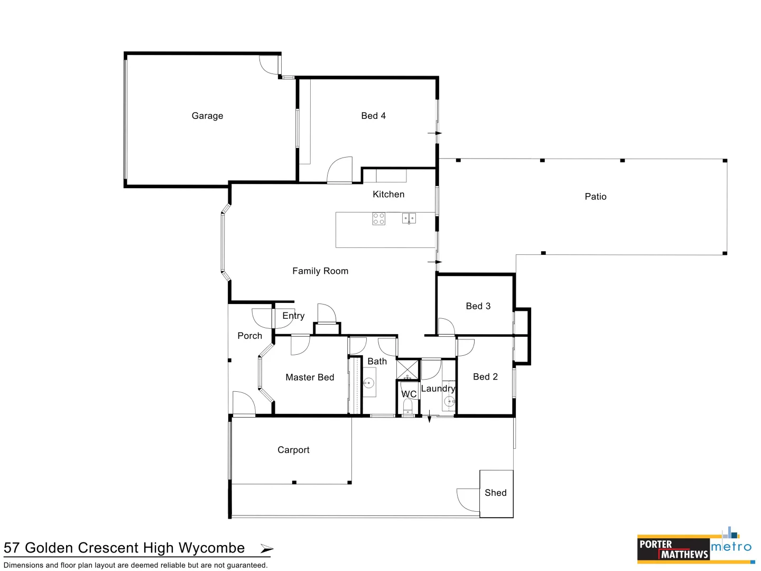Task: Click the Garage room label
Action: pos(207,116)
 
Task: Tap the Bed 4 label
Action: pos(373,116)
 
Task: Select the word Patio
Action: pos(596,197)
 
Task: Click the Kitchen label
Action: pos(388,195)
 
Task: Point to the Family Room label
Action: pos(320,271)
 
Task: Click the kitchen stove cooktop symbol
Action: pos(378,218)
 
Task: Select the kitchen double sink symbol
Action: pos(409,218)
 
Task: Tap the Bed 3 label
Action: pos(478,306)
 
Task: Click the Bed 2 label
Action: pos(485,377)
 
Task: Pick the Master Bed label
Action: pos(310,377)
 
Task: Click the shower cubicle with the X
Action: pos(407,370)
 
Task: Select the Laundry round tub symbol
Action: pos(449,402)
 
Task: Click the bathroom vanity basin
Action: pos(369,383)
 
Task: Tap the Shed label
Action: pos(496,493)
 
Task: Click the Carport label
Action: pos(293,450)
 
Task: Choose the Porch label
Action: pos(249,336)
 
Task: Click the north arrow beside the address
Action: pos(267,549)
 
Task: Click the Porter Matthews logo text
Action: pos(673,549)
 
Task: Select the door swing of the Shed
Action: pos(468,500)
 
